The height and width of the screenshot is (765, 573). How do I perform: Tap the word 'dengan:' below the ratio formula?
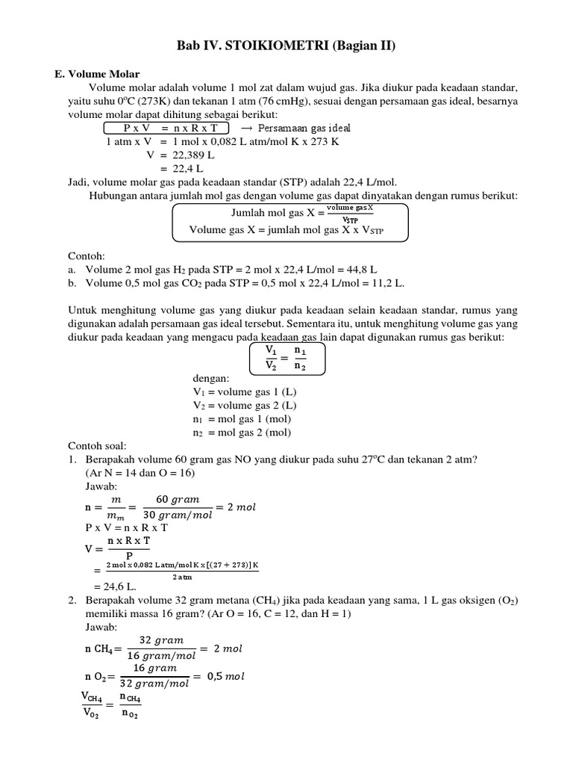pyautogui.click(x=212, y=379)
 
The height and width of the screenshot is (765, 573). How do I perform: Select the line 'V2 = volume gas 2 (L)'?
pyautogui.click(x=245, y=406)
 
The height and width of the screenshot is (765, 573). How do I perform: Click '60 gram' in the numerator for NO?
pyautogui.click(x=177, y=499)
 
